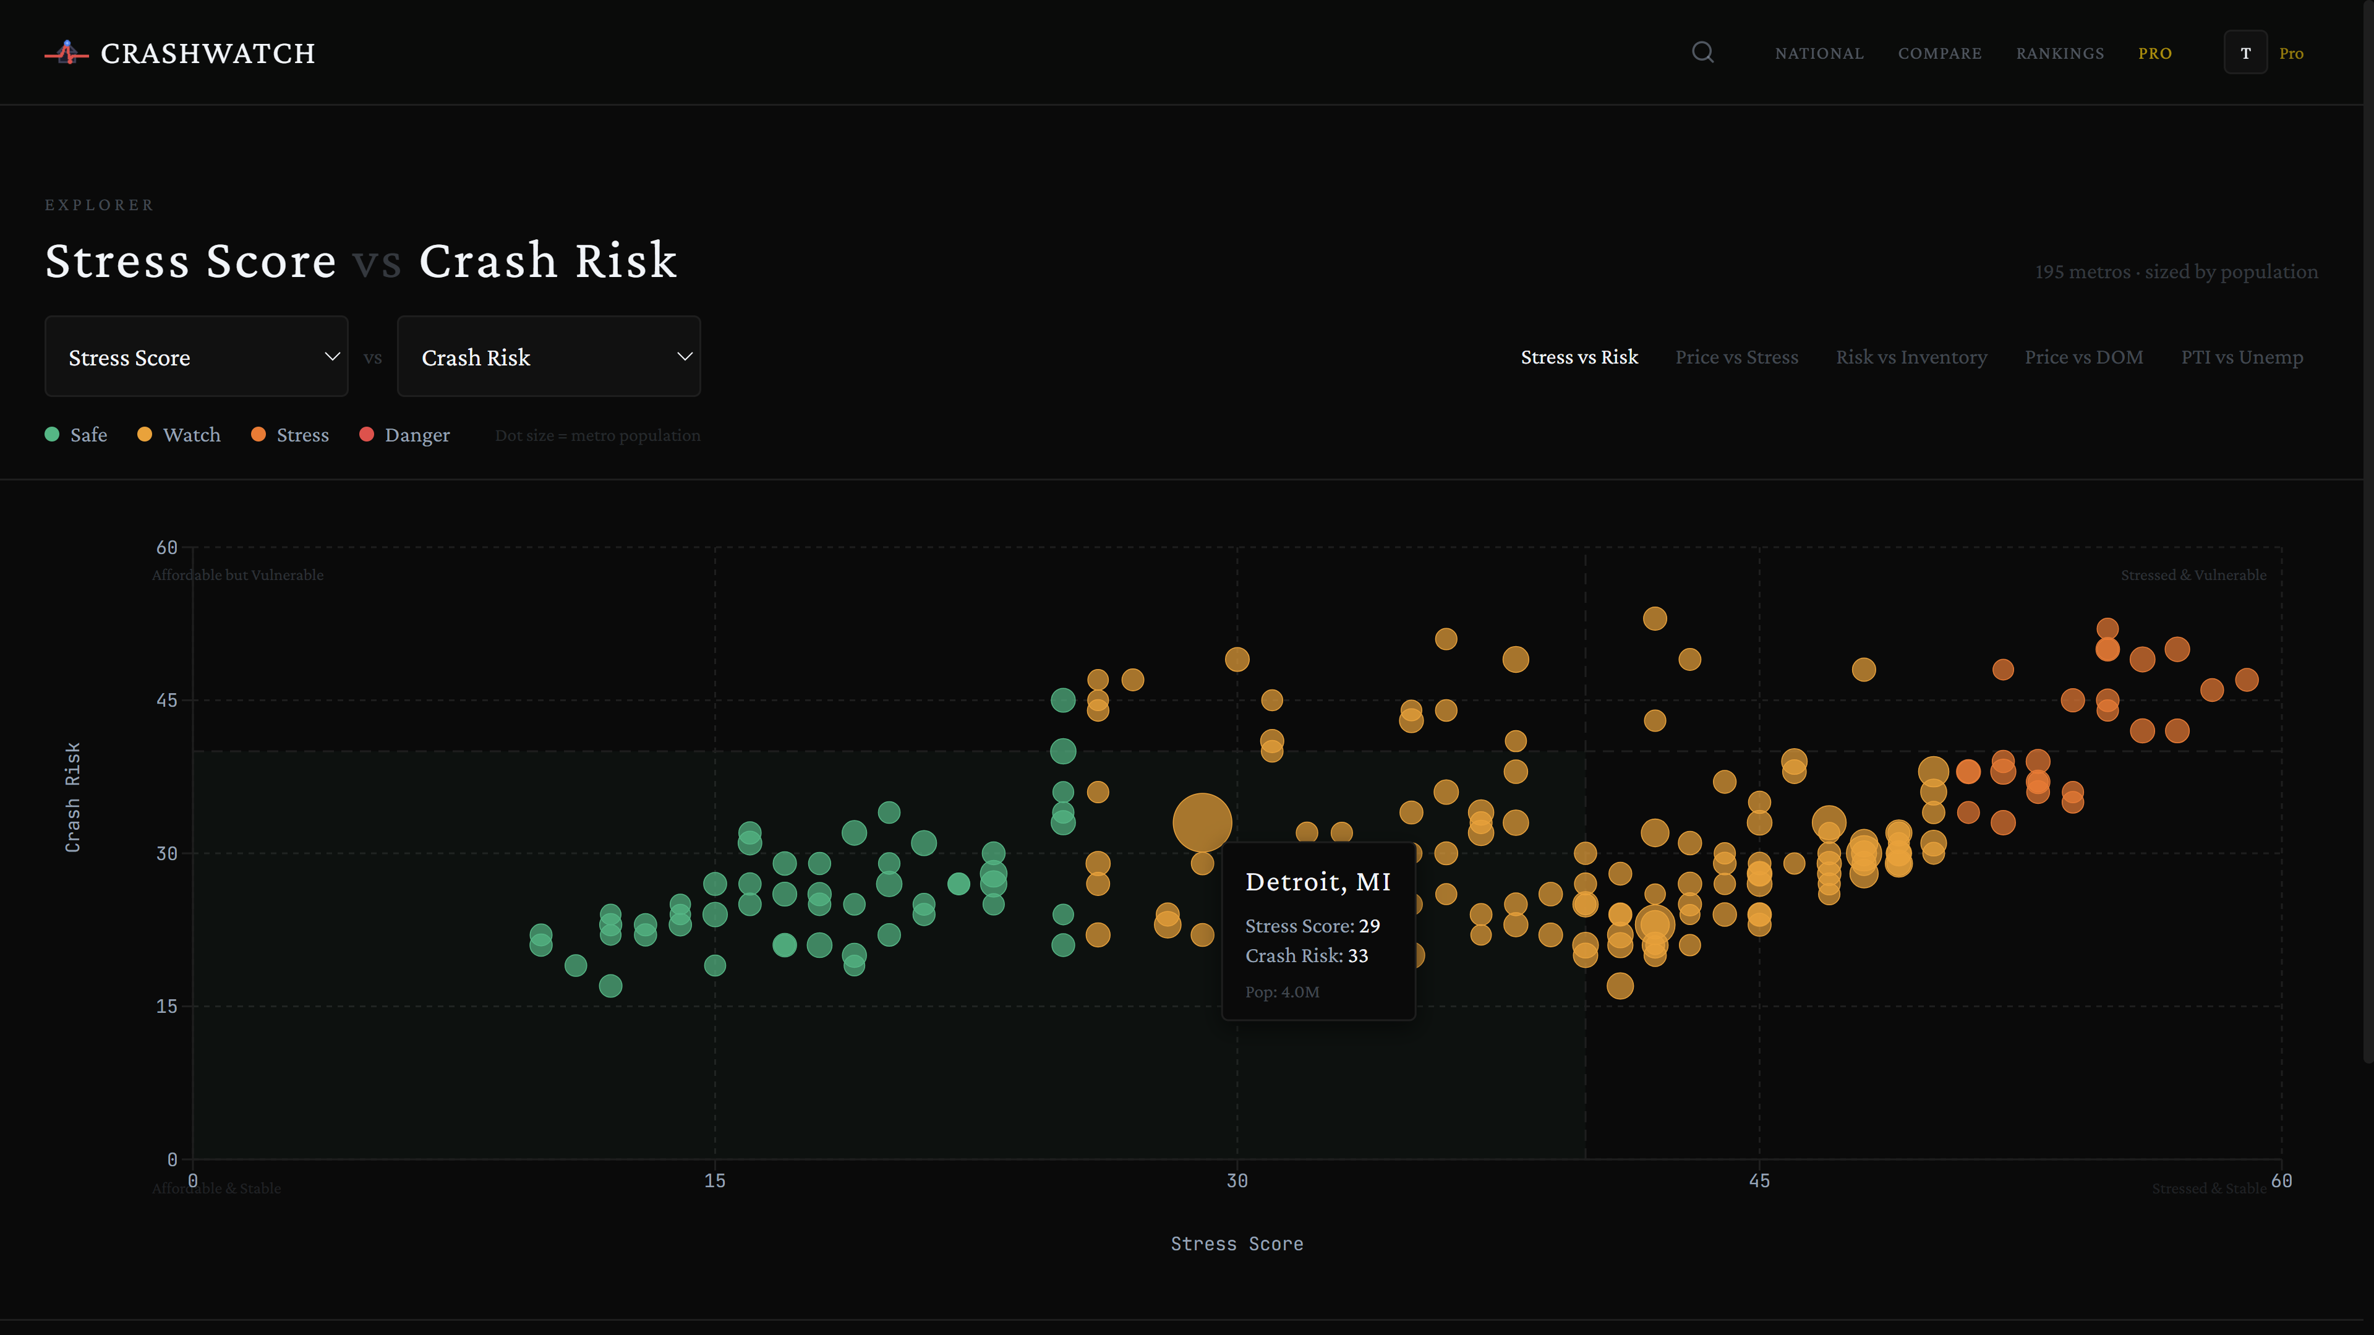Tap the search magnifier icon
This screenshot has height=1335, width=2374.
pos(1702,53)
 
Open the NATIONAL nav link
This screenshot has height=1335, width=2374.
pos(1818,53)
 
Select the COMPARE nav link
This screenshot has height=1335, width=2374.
pos(1939,53)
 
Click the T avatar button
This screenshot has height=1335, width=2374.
pos(2245,53)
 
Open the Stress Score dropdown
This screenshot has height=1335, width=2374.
pos(196,357)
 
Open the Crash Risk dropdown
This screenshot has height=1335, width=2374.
pos(549,357)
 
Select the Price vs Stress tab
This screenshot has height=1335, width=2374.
pos(1736,357)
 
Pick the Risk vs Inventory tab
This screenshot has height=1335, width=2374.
pos(1910,357)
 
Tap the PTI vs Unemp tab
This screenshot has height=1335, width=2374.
pos(2241,357)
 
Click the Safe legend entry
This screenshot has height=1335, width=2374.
pos(77,435)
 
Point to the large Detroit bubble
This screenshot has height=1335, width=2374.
pos(1202,822)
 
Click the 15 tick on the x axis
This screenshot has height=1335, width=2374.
pos(714,1181)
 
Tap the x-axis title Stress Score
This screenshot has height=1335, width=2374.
pos(1236,1243)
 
